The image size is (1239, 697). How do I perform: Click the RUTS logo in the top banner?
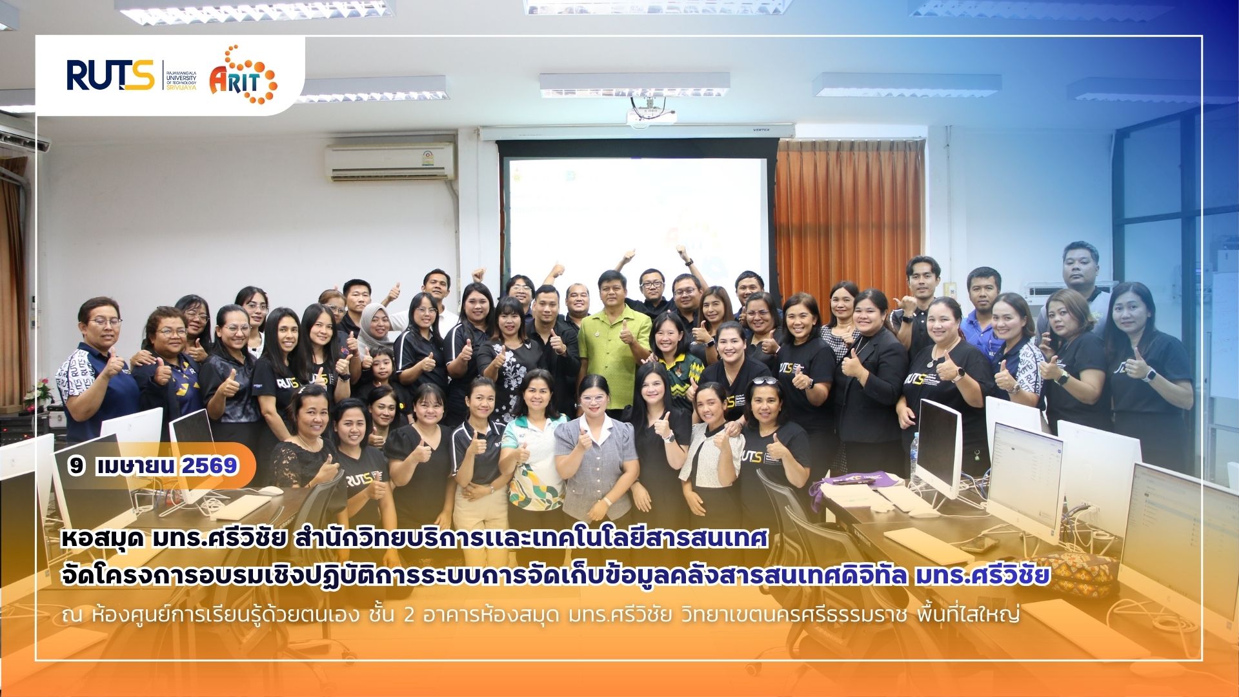point(110,75)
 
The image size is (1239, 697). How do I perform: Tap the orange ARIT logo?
point(243,75)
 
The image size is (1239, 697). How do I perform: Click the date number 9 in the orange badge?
point(77,465)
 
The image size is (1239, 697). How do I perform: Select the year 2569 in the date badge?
point(210,465)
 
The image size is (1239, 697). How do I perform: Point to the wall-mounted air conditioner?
point(391,161)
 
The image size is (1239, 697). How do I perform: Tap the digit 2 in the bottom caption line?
point(408,614)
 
